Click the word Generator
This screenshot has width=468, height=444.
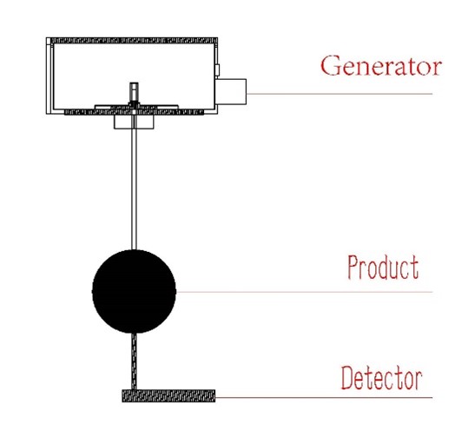tap(381, 65)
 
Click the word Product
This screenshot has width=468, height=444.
tap(383, 268)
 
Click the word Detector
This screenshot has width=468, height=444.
tap(381, 378)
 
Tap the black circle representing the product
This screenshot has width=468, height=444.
tap(134, 291)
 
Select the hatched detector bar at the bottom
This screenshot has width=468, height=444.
tap(168, 396)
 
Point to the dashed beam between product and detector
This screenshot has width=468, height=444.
tap(135, 361)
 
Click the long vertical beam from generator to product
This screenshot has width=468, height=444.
tap(135, 182)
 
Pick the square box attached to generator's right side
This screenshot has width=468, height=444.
tap(231, 91)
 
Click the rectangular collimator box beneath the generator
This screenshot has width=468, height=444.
tap(134, 122)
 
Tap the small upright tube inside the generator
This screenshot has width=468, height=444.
tap(134, 92)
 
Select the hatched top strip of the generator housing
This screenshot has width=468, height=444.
tap(134, 41)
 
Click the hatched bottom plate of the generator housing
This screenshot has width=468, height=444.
tap(134, 112)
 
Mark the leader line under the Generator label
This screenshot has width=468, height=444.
tap(339, 94)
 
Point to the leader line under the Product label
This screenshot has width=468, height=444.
tap(304, 292)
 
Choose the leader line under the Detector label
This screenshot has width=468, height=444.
tap(324, 397)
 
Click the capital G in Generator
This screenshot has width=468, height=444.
tap(331, 65)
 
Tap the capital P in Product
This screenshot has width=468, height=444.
tap(353, 268)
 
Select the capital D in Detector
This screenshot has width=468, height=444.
tap(348, 378)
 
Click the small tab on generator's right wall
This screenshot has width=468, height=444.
tap(217, 70)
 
